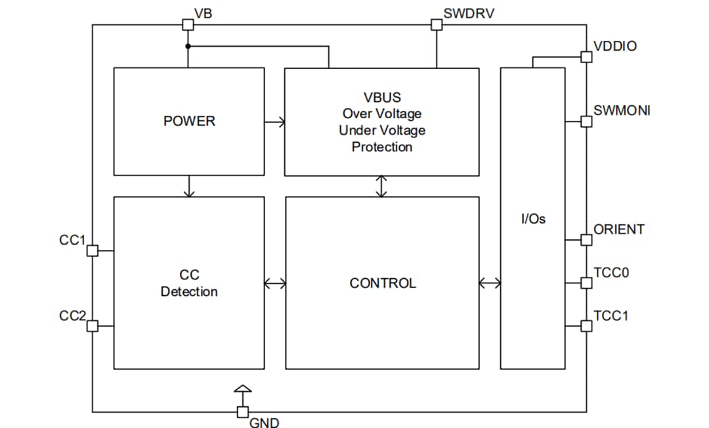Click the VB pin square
[187, 25]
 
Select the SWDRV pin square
[436, 25]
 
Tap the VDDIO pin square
[586, 57]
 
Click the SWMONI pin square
[586, 122]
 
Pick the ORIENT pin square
[586, 240]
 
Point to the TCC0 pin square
[586, 283]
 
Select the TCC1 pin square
[586, 325]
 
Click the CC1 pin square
[93, 250]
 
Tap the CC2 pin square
[93, 325]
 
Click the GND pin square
[242, 412]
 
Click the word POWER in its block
[189, 122]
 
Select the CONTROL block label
[383, 283]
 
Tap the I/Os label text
[532, 219]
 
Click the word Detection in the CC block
[189, 292]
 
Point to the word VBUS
[382, 98]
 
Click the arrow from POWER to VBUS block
[275, 122]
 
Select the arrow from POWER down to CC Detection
[189, 187]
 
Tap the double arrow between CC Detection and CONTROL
[275, 283]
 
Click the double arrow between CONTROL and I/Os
[490, 283]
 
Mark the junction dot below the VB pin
[188, 47]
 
